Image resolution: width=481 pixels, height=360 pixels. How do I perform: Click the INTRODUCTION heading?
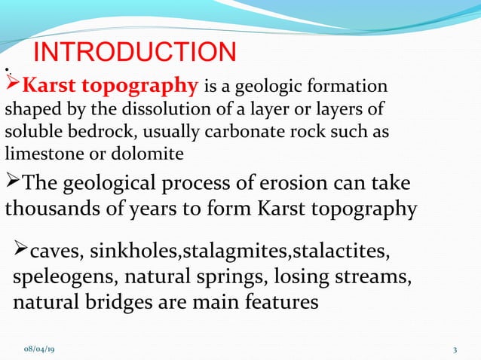136,52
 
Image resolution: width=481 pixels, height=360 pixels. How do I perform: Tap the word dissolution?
159,108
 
